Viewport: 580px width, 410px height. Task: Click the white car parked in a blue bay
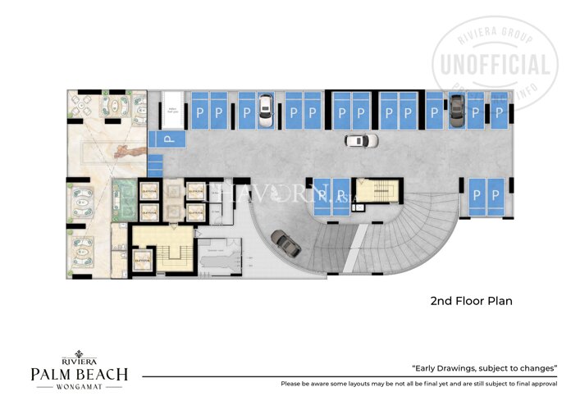pos(265,112)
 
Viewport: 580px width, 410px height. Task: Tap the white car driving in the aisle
pos(361,140)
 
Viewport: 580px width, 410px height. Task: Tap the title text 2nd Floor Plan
pos(471,301)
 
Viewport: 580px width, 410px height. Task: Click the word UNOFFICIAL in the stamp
pos(497,65)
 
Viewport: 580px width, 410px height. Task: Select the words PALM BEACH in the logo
pos(80,375)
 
